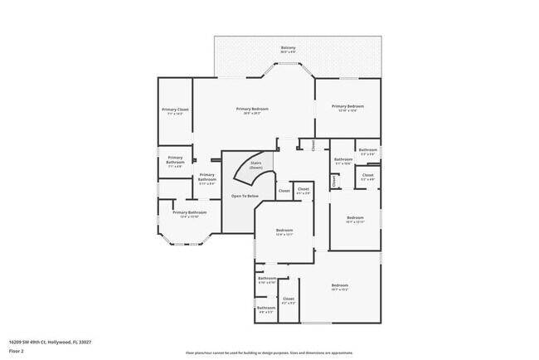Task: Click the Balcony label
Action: coord(288,49)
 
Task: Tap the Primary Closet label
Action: coord(175,111)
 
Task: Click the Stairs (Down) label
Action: coord(255,165)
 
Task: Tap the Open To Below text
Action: coord(245,196)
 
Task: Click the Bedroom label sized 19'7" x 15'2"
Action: coord(339,287)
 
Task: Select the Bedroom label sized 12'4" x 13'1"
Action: coord(284,231)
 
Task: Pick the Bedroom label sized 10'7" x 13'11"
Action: coord(355,219)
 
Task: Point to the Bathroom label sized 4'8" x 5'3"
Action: coord(265,309)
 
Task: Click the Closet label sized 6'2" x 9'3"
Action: coord(288,300)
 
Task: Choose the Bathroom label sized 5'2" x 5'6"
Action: coord(367,152)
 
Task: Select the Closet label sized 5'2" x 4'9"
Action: coord(367,177)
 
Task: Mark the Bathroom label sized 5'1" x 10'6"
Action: coord(343,160)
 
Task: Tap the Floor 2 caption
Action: coord(16,351)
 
